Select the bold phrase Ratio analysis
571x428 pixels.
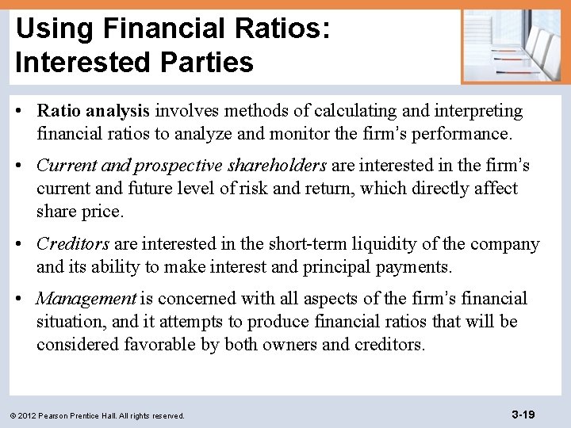94,111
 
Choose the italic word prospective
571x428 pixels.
179,166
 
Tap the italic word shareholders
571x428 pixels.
277,166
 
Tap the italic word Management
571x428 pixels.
86,299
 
